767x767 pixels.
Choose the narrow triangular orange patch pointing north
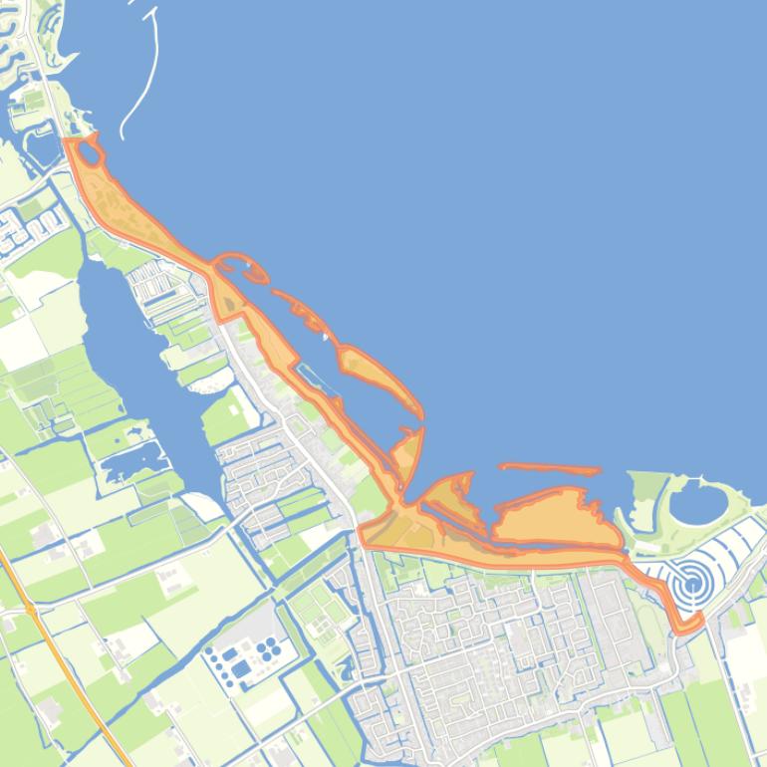pos(409,453)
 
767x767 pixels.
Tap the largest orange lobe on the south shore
pos(553,518)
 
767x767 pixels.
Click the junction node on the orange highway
pos(31,607)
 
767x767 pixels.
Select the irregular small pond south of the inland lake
pos(129,461)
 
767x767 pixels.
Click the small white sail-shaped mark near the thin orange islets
pos(326,336)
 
